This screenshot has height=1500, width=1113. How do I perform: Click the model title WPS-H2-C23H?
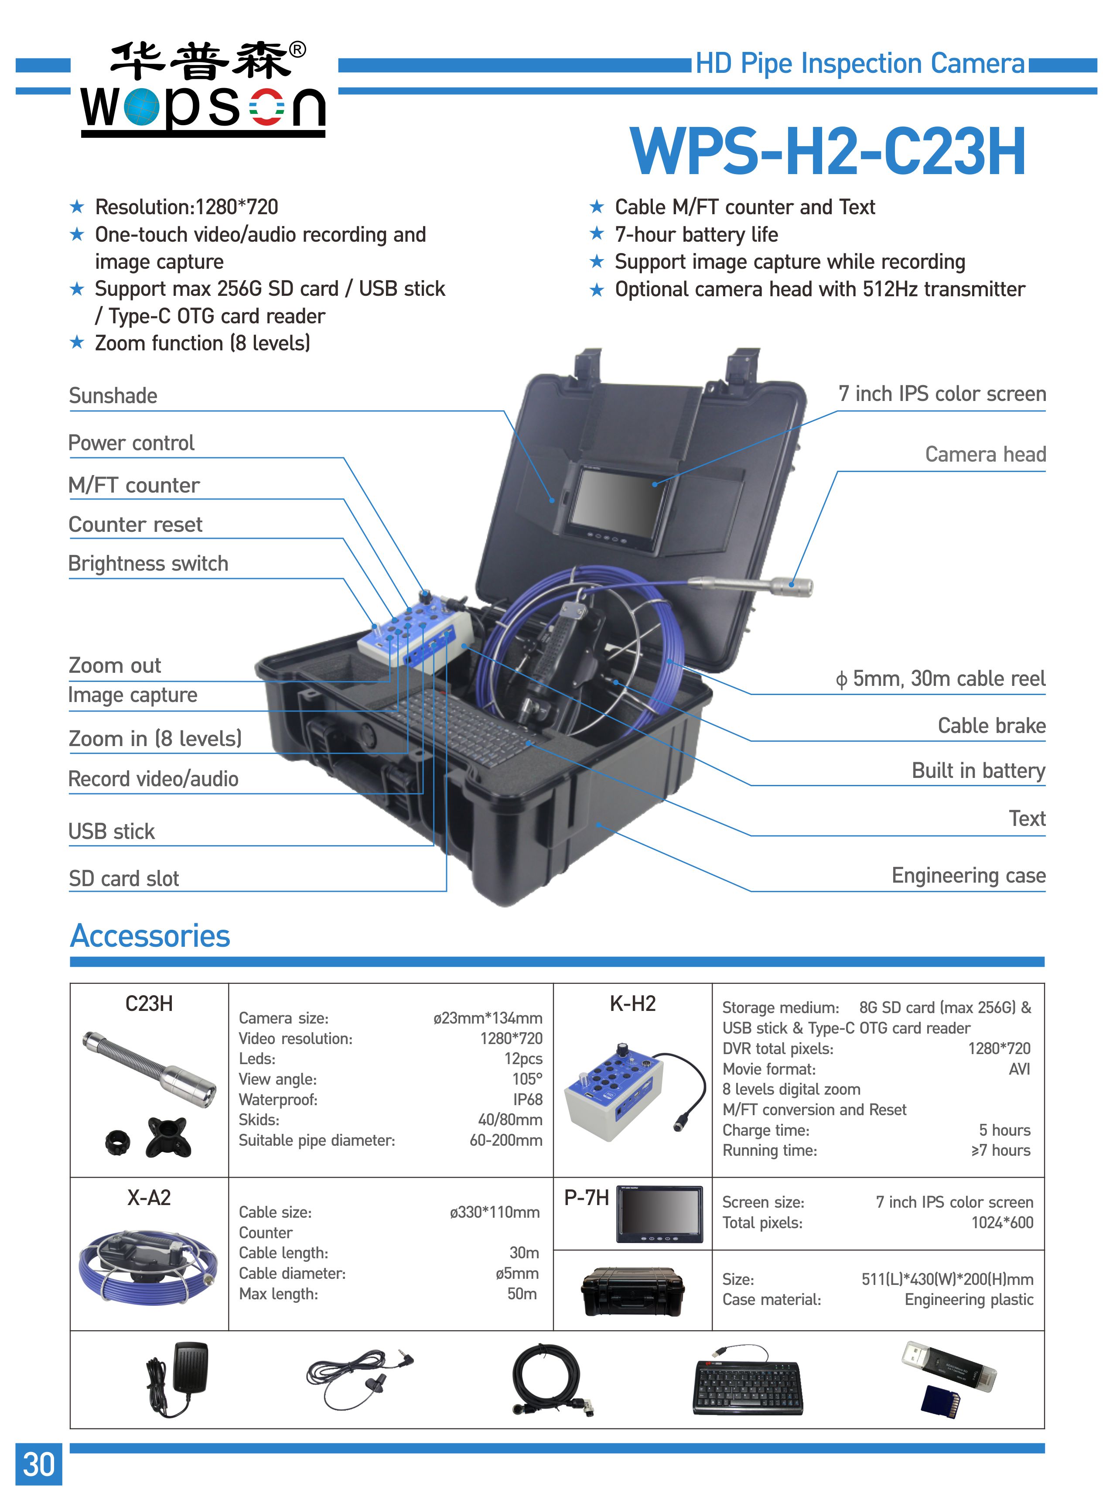pyautogui.click(x=827, y=152)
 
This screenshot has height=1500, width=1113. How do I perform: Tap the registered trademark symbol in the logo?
pyautogui.click(x=297, y=50)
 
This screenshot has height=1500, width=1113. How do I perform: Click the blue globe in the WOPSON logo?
pyautogui.click(x=141, y=106)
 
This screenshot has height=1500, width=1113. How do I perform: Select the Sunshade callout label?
pyautogui.click(x=113, y=396)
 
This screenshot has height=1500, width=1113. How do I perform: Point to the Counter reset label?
pyautogui.click(x=136, y=525)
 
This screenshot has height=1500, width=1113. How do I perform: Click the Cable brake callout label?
pyautogui.click(x=991, y=726)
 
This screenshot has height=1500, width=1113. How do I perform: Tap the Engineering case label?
pyautogui.click(x=968, y=875)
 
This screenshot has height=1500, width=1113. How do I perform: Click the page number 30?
pyautogui.click(x=38, y=1464)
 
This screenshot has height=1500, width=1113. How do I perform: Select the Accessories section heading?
pyautogui.click(x=150, y=936)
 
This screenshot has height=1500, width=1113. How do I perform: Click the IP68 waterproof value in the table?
pyautogui.click(x=528, y=1100)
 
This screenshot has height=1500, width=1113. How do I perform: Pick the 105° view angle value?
pyautogui.click(x=527, y=1079)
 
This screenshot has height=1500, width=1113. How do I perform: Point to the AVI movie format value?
pyautogui.click(x=1019, y=1069)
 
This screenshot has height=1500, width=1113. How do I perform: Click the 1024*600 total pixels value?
pyautogui.click(x=1002, y=1223)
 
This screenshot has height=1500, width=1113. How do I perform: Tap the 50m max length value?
pyautogui.click(x=522, y=1294)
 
